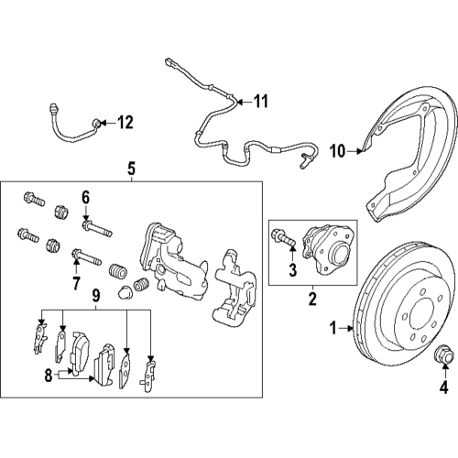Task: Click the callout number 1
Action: (333, 325)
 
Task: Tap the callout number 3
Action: (292, 268)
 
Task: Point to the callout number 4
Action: (443, 387)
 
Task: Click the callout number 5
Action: (131, 169)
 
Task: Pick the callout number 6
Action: (85, 196)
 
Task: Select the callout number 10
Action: (337, 151)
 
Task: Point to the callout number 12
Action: (125, 121)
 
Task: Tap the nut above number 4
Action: (443, 353)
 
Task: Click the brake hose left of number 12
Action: (69, 128)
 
